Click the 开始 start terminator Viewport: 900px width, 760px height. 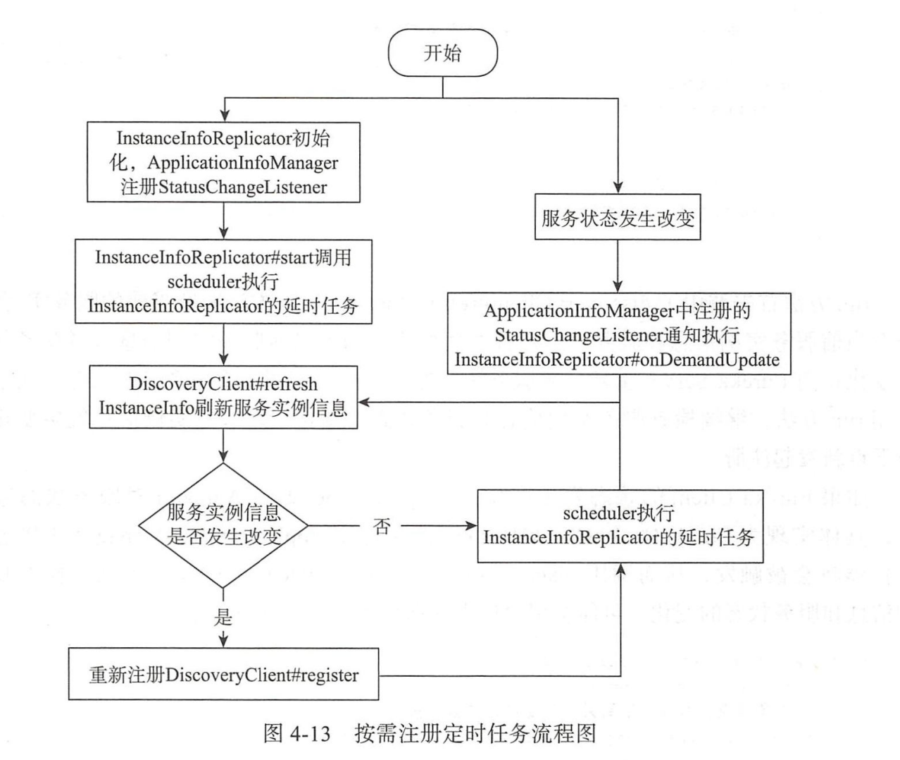pyautogui.click(x=442, y=53)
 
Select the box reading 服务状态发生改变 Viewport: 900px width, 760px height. pyautogui.click(x=618, y=217)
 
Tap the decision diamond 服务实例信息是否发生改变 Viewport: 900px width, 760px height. pyautogui.click(x=223, y=525)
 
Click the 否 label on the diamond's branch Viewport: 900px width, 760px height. pyautogui.click(x=381, y=526)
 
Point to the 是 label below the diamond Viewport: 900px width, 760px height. pyautogui.click(x=223, y=618)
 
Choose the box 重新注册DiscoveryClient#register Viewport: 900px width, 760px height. pyautogui.click(x=223, y=675)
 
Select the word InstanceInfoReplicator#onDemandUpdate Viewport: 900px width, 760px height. pyautogui.click(x=617, y=360)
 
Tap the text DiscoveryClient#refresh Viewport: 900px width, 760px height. pyautogui.click(x=223, y=384)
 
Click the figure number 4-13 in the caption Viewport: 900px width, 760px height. pyautogui.click(x=309, y=734)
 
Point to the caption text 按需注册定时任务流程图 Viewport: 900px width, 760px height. pyautogui.click(x=475, y=734)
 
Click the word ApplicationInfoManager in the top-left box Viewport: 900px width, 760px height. pyautogui.click(x=243, y=163)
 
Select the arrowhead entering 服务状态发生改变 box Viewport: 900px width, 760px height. pyautogui.click(x=618, y=188)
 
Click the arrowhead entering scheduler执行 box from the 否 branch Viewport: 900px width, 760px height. pyautogui.click(x=471, y=526)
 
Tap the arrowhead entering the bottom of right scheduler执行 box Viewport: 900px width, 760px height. pyautogui.click(x=620, y=568)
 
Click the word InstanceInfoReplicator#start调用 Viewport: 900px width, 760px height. pyautogui.click(x=223, y=257)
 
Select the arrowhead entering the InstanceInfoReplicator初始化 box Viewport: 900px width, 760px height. pyautogui.click(x=223, y=115)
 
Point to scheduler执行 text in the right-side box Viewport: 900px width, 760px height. pyautogui.click(x=618, y=513)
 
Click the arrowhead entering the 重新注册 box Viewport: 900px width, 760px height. pyautogui.click(x=223, y=642)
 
